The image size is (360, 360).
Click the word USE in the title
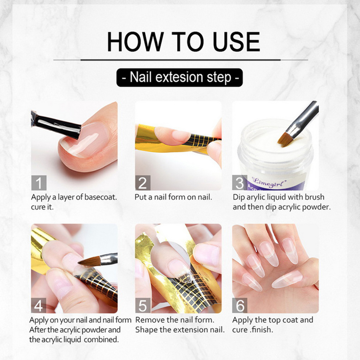(236, 42)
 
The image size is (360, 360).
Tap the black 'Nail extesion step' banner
(179, 78)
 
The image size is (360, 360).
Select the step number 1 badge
(39, 183)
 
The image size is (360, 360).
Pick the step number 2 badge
(143, 183)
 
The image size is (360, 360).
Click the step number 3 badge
(240, 183)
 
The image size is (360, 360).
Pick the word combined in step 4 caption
(101, 340)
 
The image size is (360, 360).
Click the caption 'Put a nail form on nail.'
(174, 197)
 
